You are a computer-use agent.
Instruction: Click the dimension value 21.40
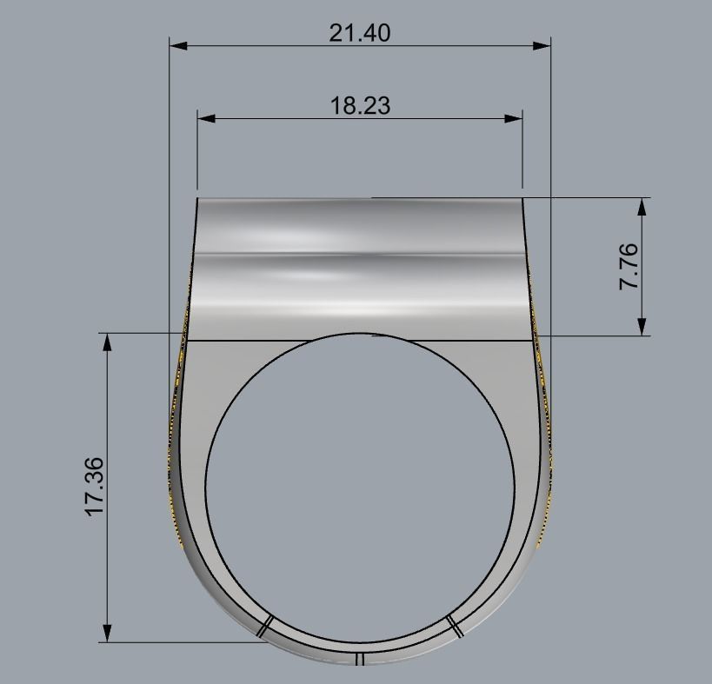[360, 33]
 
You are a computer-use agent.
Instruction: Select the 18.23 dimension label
[360, 106]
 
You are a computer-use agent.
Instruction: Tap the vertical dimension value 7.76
[629, 267]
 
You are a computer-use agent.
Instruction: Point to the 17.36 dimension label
[94, 487]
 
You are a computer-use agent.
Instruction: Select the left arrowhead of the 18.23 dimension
[206, 117]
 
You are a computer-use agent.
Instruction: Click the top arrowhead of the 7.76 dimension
[642, 206]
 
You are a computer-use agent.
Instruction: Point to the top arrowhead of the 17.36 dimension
[108, 342]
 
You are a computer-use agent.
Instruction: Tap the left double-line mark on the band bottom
[266, 626]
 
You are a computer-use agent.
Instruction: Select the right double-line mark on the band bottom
[454, 626]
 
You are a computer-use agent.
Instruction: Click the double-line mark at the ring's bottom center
[358, 660]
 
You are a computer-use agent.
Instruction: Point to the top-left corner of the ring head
[198, 199]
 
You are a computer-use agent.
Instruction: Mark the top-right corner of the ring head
[522, 199]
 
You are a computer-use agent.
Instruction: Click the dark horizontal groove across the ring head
[360, 255]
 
